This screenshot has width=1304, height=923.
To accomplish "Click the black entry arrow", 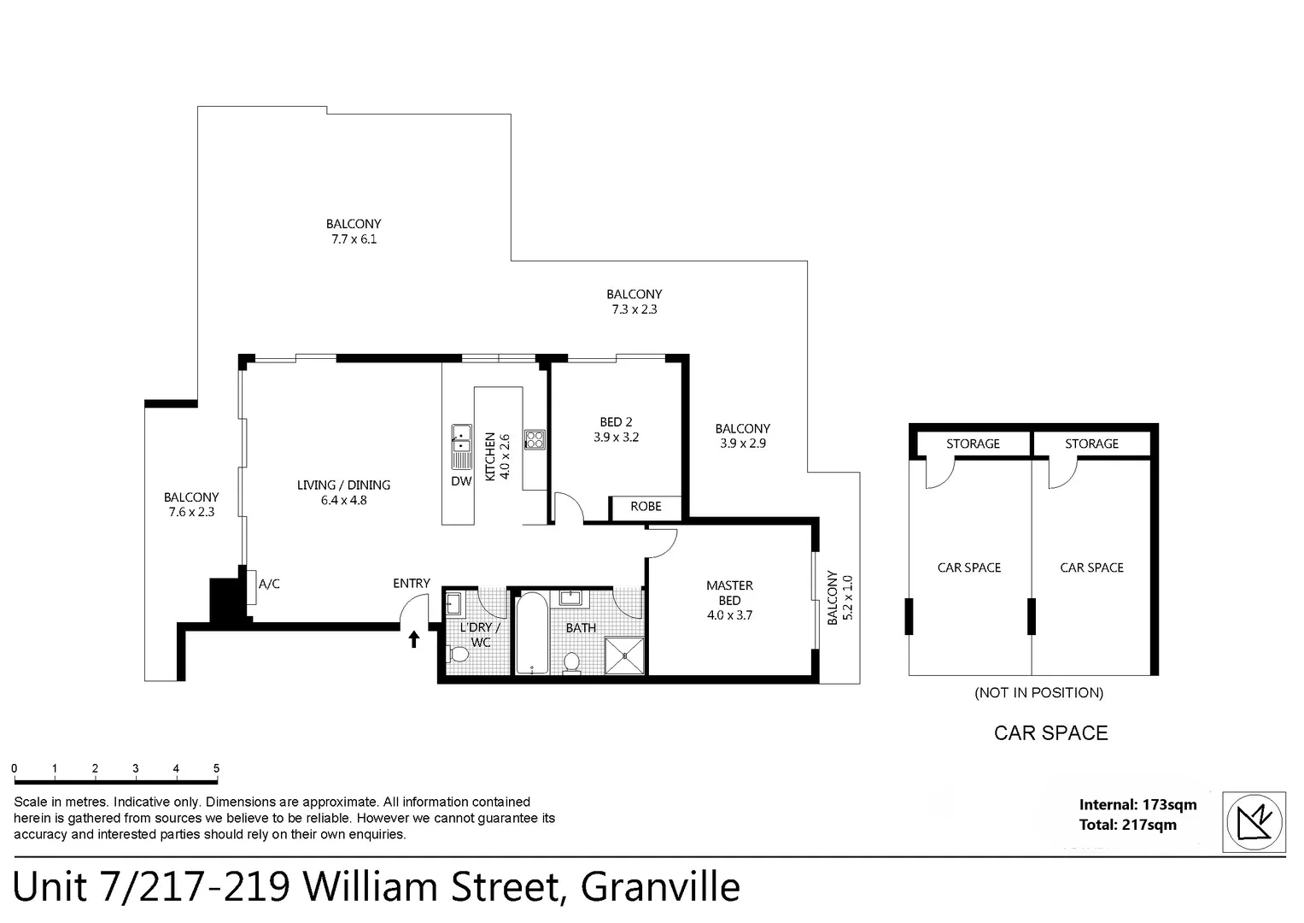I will coord(414,638).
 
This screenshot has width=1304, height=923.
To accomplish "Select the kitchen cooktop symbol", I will coord(535,439).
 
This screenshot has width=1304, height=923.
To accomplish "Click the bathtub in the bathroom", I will coord(531,633).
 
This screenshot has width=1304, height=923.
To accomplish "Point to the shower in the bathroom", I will coord(625,656).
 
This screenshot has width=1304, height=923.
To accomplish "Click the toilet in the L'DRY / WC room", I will coord(459,655).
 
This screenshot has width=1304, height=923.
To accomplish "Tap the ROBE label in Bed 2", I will coord(646,507).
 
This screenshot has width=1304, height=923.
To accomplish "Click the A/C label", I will coord(269,584).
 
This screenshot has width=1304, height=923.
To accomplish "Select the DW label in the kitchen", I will coord(461,481).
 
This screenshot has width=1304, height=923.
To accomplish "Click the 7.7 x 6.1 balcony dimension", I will coord(354,239).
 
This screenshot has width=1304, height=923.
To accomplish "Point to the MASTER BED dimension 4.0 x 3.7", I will coord(729,615).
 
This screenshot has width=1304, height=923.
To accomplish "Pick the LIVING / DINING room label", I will coord(343,485).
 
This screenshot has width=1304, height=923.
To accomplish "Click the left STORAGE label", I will coord(973,444).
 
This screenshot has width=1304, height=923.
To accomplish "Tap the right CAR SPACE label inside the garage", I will coord(1091,567).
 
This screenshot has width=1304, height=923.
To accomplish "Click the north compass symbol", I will coord(1254,822).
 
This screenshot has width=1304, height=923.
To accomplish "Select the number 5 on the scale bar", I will coord(216,768).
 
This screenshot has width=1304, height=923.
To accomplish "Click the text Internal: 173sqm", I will coord(1137,804).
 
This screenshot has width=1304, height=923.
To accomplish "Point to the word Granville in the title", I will coord(660,886).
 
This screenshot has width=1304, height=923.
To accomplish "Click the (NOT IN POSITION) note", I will coord(1038,692).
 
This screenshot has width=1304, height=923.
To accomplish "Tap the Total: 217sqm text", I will coord(1127,825).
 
